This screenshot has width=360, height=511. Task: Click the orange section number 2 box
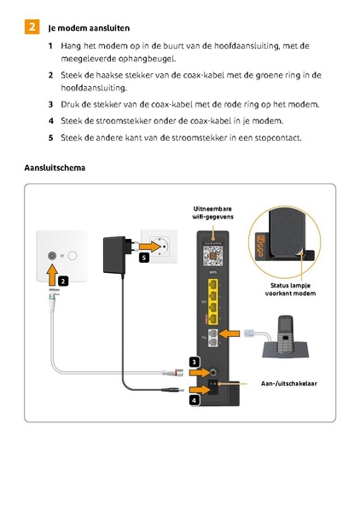pos(31,27)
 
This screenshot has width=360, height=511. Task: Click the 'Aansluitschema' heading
pos(55,167)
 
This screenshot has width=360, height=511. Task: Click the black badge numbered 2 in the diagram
pos(63,281)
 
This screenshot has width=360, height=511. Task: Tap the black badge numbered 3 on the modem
pos(195,363)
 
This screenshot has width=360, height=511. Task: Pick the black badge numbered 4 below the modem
pos(195,399)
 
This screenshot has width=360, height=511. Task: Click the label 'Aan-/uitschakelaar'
pos(288,384)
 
